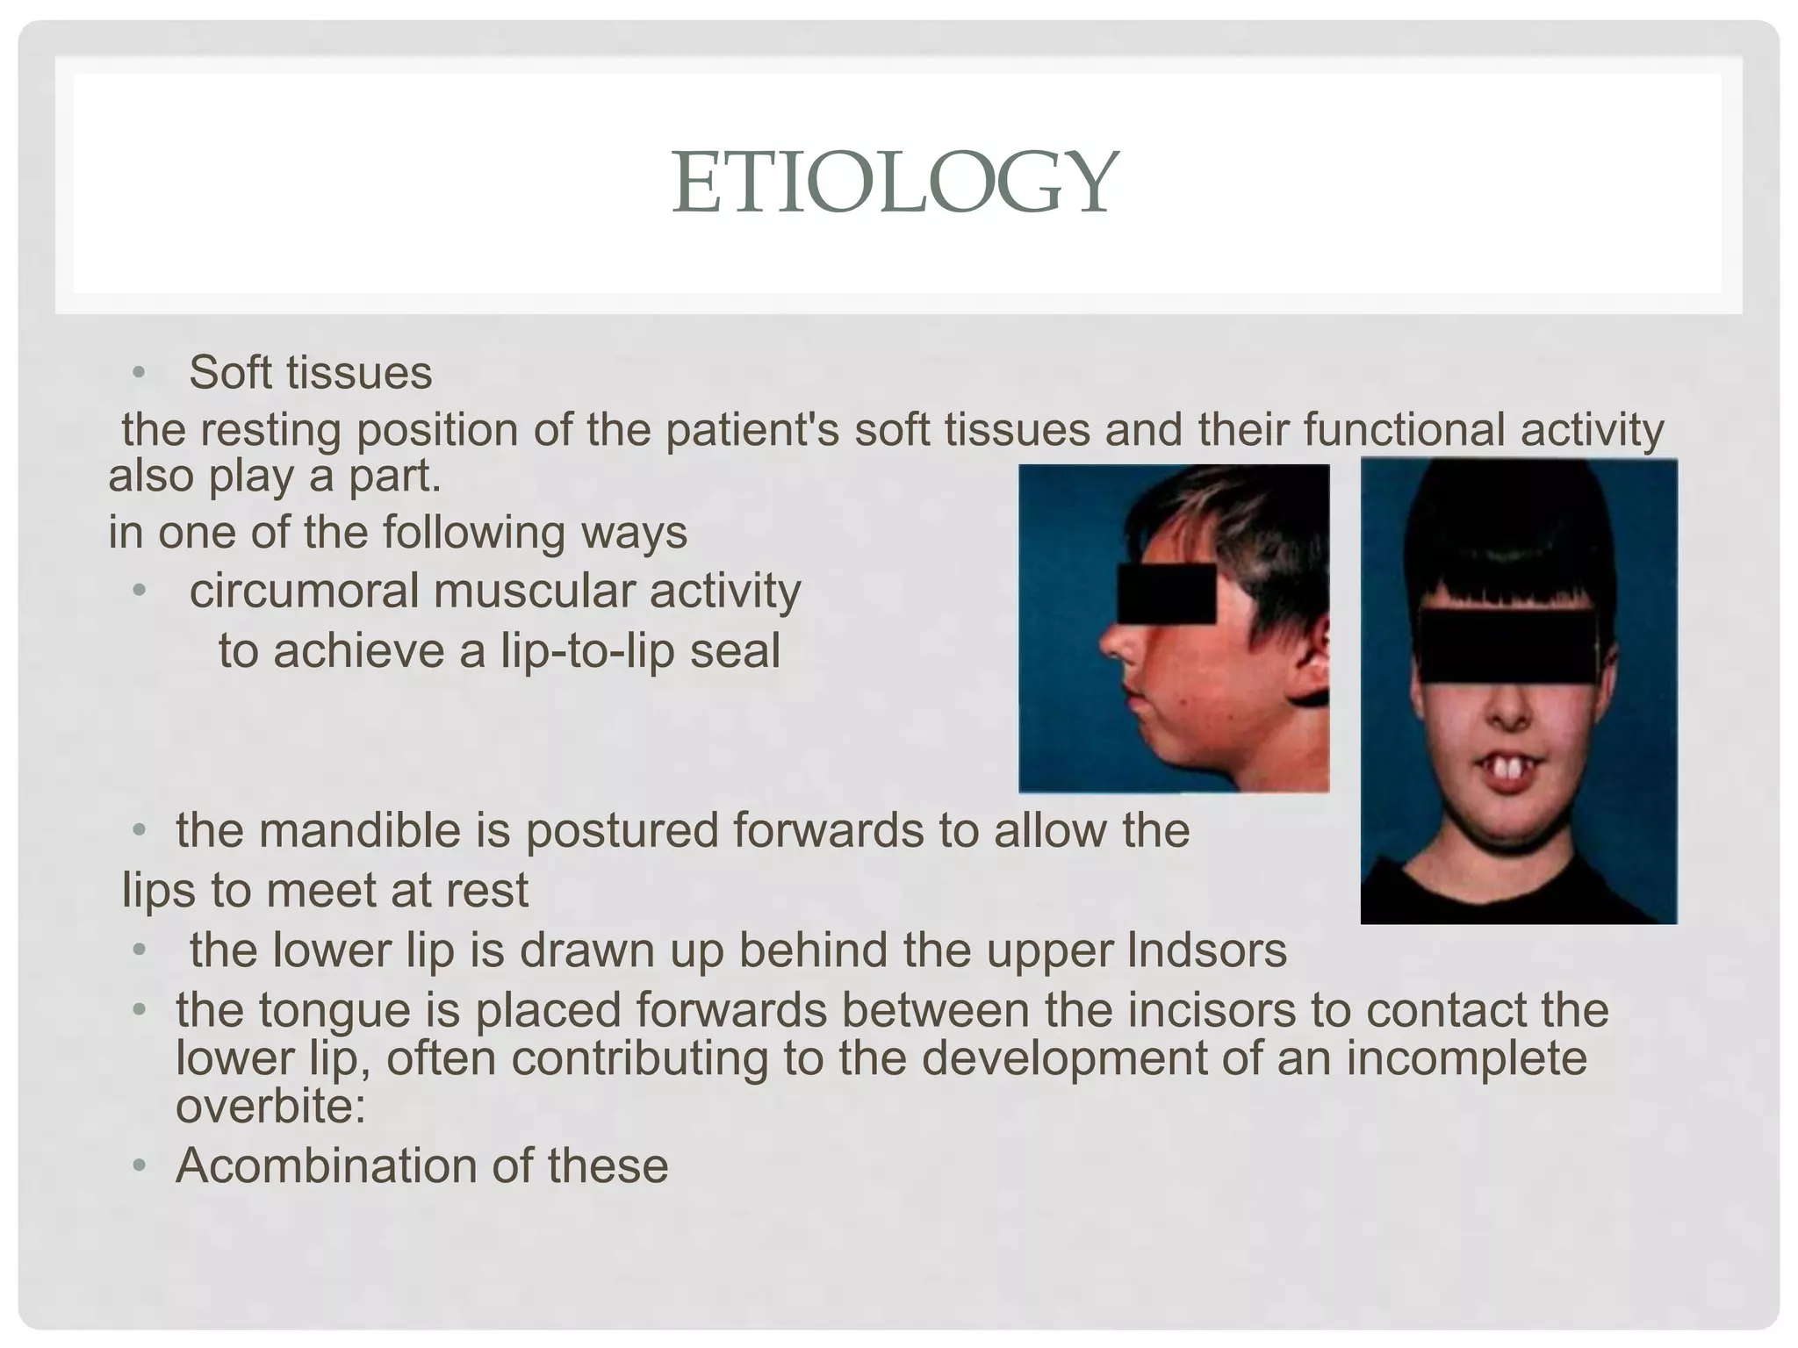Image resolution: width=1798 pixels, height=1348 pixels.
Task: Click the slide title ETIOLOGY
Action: [895, 183]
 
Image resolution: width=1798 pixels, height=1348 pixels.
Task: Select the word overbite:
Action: [270, 1106]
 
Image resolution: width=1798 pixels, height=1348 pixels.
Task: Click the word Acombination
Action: [326, 1166]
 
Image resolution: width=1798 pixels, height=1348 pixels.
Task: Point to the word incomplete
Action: [1466, 1058]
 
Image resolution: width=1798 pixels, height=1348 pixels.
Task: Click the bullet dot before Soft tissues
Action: [138, 373]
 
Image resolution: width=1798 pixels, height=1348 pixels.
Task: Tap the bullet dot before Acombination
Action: [138, 1167]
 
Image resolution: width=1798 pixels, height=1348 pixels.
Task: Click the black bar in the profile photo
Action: [1166, 593]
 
